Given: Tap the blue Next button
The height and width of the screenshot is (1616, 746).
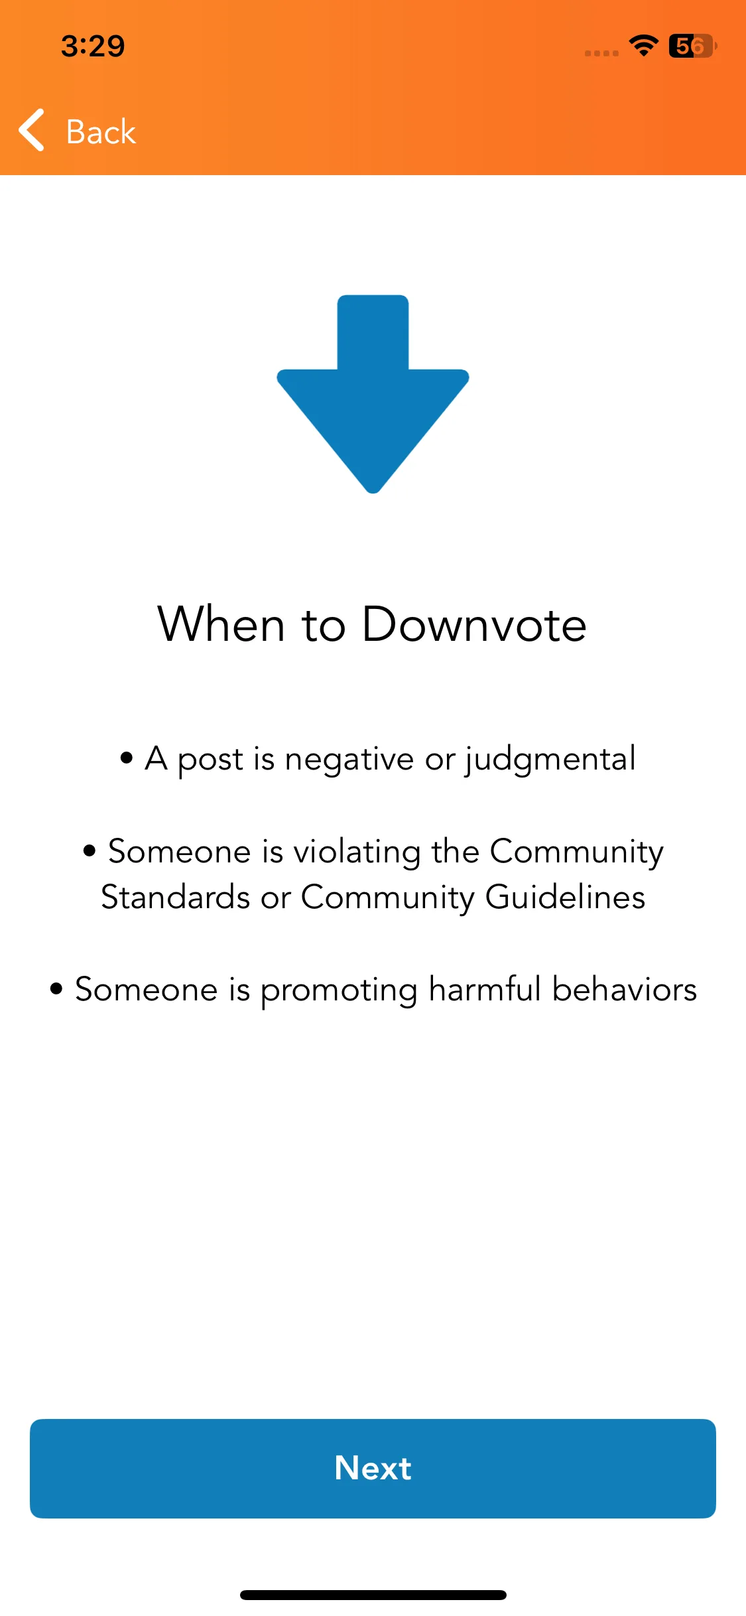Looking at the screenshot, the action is coord(373,1468).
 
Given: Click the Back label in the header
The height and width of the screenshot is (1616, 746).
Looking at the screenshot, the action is coord(101,131).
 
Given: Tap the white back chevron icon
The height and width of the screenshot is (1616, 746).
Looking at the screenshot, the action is coord(32,130).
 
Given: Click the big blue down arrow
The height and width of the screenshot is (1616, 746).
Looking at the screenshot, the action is coord(373,394).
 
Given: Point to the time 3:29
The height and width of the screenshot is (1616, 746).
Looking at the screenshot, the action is coord(93,46).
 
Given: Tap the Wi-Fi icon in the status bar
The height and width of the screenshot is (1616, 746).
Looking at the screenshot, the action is coord(643,46).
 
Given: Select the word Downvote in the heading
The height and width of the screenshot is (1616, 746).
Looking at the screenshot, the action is coord(474,624).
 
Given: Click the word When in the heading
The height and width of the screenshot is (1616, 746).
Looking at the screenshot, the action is coord(221,624).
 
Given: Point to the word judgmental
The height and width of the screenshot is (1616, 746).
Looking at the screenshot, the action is coord(550,759).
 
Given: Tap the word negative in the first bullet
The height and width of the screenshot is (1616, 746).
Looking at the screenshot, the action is coord(349,759).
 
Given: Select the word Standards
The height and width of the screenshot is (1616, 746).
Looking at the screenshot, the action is coord(176,897).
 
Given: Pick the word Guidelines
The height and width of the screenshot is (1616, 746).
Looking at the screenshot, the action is coord(565,897).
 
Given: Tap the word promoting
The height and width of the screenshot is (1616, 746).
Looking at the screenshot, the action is coord(339,990).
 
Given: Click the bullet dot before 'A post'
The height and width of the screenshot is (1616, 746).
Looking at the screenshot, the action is coord(127,758).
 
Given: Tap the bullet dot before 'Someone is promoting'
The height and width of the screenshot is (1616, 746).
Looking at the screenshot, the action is coord(56,988).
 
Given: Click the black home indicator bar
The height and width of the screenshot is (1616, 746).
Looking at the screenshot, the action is coord(373,1595).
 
